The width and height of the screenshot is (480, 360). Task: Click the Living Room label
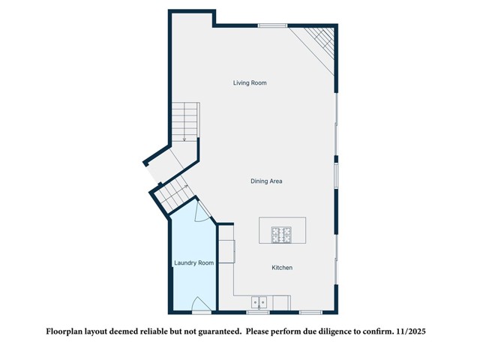tap(250, 82)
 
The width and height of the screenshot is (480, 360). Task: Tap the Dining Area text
tap(266, 181)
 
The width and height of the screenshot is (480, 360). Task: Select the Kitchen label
tap(282, 268)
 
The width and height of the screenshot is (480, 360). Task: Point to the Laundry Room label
tap(194, 263)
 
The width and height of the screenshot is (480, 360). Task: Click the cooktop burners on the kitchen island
tap(282, 235)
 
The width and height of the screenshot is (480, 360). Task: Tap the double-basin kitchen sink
tap(259, 302)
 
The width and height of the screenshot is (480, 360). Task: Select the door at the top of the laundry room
tap(200, 212)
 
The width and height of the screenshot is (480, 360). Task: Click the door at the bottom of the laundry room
tap(201, 306)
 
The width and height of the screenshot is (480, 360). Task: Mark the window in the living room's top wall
tap(272, 25)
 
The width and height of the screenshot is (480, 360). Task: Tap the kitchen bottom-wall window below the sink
tap(259, 312)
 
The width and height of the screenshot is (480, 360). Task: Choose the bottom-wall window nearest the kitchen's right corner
tap(310, 312)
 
